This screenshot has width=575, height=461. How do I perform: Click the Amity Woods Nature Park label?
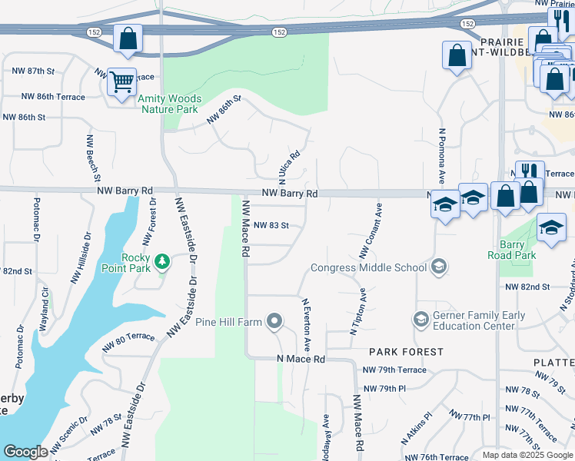point(170,104)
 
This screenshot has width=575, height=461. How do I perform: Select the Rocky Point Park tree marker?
point(162,263)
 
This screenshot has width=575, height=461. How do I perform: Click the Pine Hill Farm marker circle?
point(274,322)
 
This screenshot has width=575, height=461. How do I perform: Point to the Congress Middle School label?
point(368,268)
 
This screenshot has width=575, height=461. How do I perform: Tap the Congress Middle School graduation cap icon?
point(439,267)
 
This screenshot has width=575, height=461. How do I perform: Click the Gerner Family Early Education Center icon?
point(420,318)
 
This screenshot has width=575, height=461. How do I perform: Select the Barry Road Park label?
point(517,250)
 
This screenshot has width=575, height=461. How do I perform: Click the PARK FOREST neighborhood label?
point(406,352)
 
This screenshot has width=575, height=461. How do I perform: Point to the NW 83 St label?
point(270,226)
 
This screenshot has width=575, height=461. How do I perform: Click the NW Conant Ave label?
point(371,230)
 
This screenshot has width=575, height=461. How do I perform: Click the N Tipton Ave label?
point(358,312)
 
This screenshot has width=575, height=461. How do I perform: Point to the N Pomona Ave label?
point(442,155)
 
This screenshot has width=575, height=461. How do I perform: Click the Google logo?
point(25,452)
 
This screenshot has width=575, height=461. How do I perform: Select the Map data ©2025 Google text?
point(527,455)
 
